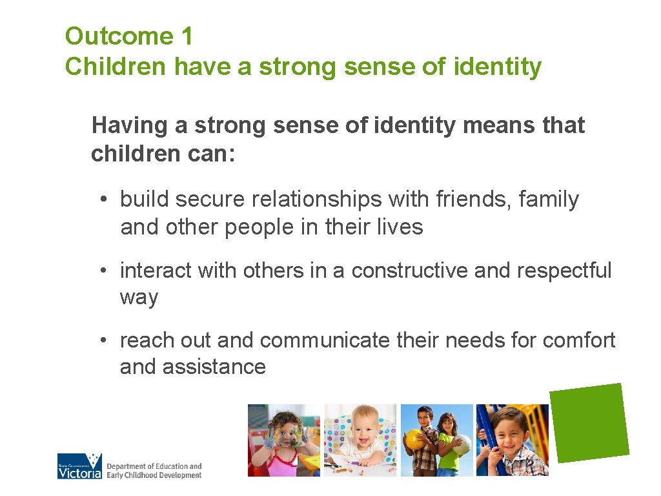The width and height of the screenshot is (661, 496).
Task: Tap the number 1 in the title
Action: pos(187,36)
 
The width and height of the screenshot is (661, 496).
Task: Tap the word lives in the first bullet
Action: pos(403,227)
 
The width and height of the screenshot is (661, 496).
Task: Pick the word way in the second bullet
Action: pos(139,298)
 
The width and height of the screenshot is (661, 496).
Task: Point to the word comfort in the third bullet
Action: pos(579,340)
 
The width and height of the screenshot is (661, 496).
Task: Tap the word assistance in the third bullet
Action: pos(214,367)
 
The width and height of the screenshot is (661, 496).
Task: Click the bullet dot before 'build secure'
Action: pos(104,200)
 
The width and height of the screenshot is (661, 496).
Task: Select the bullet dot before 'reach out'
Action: pos(104,340)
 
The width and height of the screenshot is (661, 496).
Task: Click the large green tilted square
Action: pos(589,423)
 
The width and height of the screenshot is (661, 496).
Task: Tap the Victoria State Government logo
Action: pos(79,466)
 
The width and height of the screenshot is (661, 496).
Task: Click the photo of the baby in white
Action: pos(360,440)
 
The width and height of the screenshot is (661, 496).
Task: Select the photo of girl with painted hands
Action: pos(284,440)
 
